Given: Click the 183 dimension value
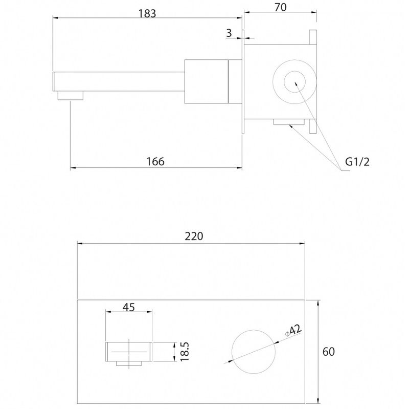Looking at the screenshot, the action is [x=147, y=13].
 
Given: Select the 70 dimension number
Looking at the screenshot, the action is [x=280, y=7].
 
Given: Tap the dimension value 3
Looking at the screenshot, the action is [x=229, y=33].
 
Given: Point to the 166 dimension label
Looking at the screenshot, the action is [x=155, y=162].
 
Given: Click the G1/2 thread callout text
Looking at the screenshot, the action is [x=357, y=162].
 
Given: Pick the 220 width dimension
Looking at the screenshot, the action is [x=194, y=236].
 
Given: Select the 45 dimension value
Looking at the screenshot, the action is [x=129, y=307].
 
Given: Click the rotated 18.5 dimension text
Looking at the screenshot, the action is [x=185, y=352].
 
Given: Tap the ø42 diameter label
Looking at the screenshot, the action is [x=293, y=330].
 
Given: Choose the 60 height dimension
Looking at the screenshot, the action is [x=329, y=352].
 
